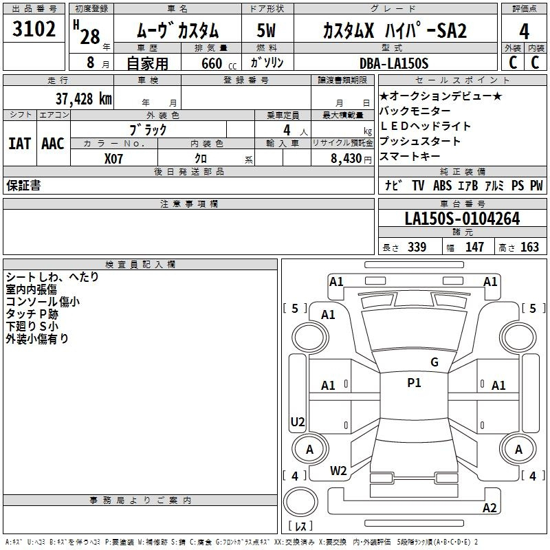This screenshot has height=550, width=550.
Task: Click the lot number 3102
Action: point(34,29)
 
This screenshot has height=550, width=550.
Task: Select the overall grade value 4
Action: point(524,32)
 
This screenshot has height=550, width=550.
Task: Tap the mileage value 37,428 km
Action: point(83,99)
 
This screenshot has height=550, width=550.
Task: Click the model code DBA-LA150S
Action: point(394,63)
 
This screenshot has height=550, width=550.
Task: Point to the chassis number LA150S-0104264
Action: point(462,219)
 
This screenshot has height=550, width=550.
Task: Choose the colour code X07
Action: point(113,159)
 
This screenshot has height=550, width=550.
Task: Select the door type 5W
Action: point(266,30)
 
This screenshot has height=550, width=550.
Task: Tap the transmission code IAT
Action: point(20,144)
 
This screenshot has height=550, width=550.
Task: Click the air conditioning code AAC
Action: point(53,144)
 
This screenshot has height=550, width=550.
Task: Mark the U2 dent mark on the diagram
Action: point(298,421)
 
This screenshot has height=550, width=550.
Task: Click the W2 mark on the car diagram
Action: point(338,471)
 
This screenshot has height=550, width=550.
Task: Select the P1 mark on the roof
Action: point(414,383)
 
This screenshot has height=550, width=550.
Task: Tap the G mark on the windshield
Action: point(434,362)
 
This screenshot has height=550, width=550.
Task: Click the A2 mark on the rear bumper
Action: point(489,508)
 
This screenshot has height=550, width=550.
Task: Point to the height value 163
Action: point(529,247)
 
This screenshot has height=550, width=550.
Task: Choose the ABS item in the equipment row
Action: point(442,186)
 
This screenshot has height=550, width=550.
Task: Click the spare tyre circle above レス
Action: point(300,502)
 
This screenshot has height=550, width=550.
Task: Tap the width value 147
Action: point(474,247)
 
